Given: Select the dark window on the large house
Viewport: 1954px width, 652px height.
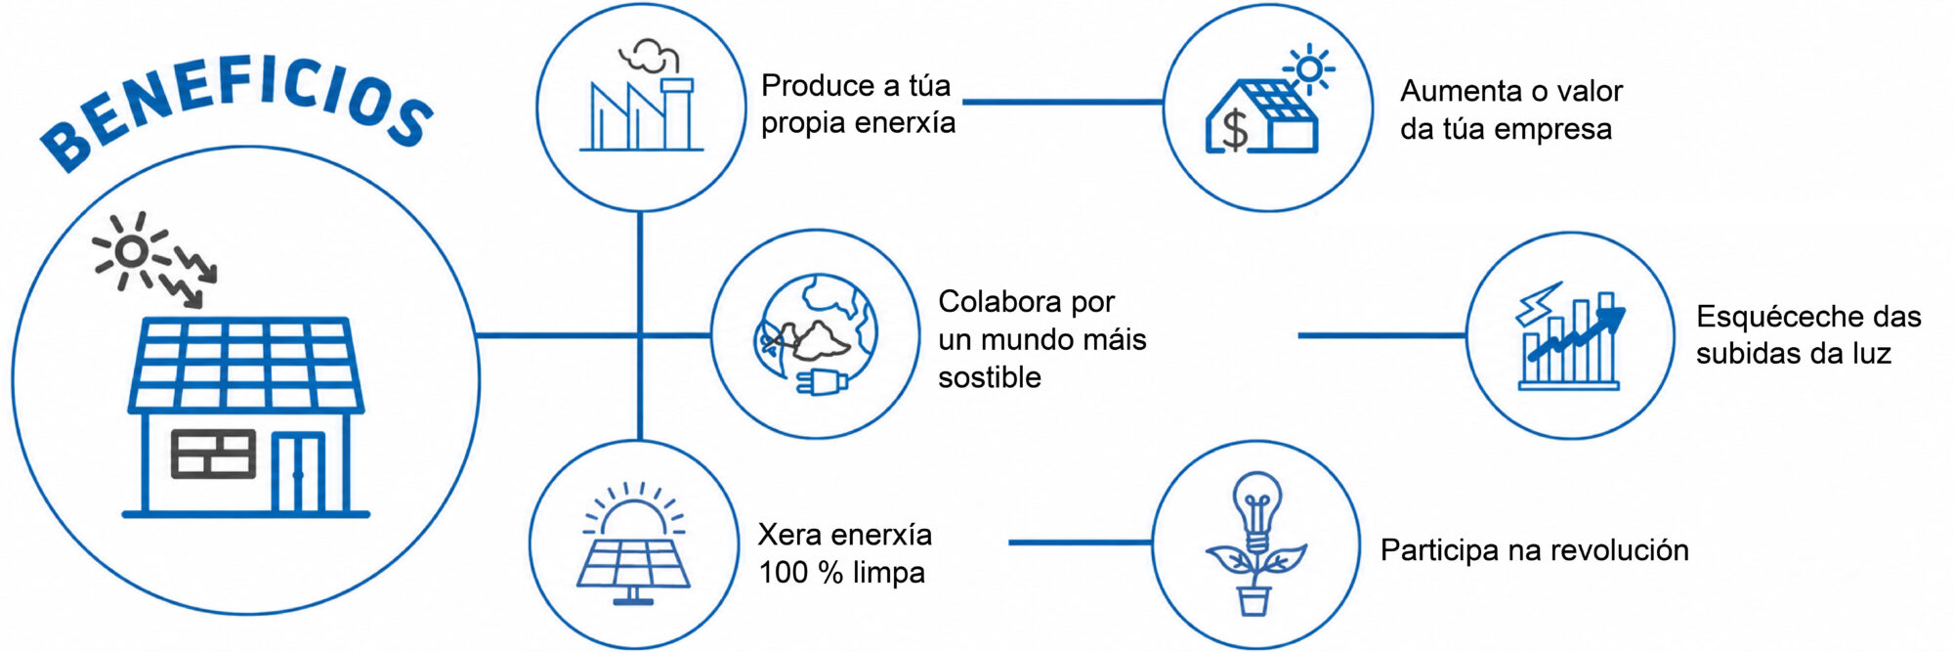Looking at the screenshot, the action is (x=213, y=454).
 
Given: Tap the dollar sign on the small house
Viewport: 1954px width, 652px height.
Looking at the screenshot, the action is (x=1236, y=129).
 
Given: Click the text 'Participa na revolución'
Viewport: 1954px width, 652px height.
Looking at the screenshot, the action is (x=1534, y=550).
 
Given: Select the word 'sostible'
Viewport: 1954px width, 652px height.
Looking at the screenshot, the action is (x=989, y=377).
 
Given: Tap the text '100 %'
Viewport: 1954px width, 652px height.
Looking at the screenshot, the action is (x=801, y=572).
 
